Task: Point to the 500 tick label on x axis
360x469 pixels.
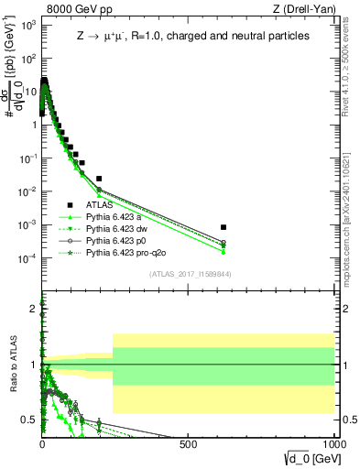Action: pyautogui.click(x=190, y=443)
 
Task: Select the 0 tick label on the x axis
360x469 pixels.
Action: pyautogui.click(x=43, y=443)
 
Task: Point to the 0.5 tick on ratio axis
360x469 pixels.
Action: pyautogui.click(x=30, y=420)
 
